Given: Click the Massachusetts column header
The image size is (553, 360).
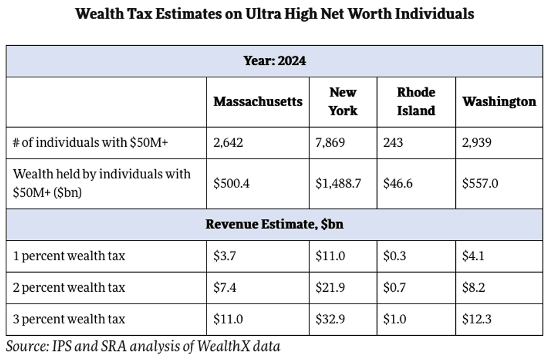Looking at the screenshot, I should (x=258, y=102).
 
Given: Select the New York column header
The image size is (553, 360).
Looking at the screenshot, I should (x=343, y=102).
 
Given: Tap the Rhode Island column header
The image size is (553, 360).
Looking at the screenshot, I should (x=416, y=102).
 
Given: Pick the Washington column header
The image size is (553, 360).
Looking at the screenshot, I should (x=499, y=102).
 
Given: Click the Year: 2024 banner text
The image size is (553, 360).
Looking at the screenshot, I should (x=275, y=61).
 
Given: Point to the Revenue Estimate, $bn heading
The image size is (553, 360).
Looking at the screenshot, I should (x=275, y=225).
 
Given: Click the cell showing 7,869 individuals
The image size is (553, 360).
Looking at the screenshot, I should (x=331, y=143).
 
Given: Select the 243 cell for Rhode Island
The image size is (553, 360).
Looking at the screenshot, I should (x=393, y=143).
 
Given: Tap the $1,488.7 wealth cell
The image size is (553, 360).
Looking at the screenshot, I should (x=338, y=183).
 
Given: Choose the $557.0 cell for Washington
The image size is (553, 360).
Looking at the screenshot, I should (x=480, y=183).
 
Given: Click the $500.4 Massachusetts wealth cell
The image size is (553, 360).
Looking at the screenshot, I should (x=231, y=183).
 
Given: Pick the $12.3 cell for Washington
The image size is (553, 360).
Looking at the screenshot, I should (x=476, y=319).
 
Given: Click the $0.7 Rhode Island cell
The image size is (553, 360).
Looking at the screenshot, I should (x=395, y=288).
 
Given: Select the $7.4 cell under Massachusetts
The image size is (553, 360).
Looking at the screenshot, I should (x=225, y=288).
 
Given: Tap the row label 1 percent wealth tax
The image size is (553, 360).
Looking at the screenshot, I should (x=69, y=256).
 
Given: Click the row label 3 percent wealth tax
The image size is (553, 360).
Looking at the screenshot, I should (x=69, y=319).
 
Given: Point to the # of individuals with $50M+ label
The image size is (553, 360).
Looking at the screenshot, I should (x=90, y=143).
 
